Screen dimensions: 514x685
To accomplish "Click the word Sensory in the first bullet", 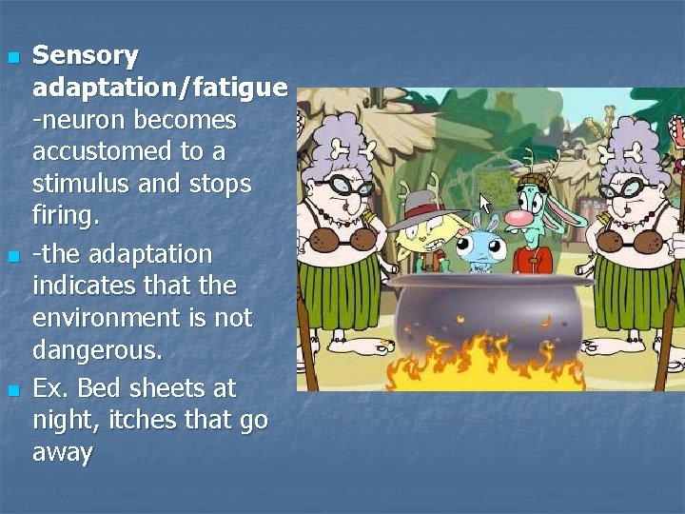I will click(86, 56).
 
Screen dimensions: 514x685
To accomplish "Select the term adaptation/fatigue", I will click(160, 89).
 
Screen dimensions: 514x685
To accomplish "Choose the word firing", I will click(65, 216).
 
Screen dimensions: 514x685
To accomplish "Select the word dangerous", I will click(97, 350).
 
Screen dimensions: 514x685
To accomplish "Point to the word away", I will click(63, 452).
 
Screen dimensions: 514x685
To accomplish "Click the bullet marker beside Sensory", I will click(12, 58).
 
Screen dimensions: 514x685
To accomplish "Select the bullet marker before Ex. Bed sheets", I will click(12, 391).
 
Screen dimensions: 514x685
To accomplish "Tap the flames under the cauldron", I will click(485, 366).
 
